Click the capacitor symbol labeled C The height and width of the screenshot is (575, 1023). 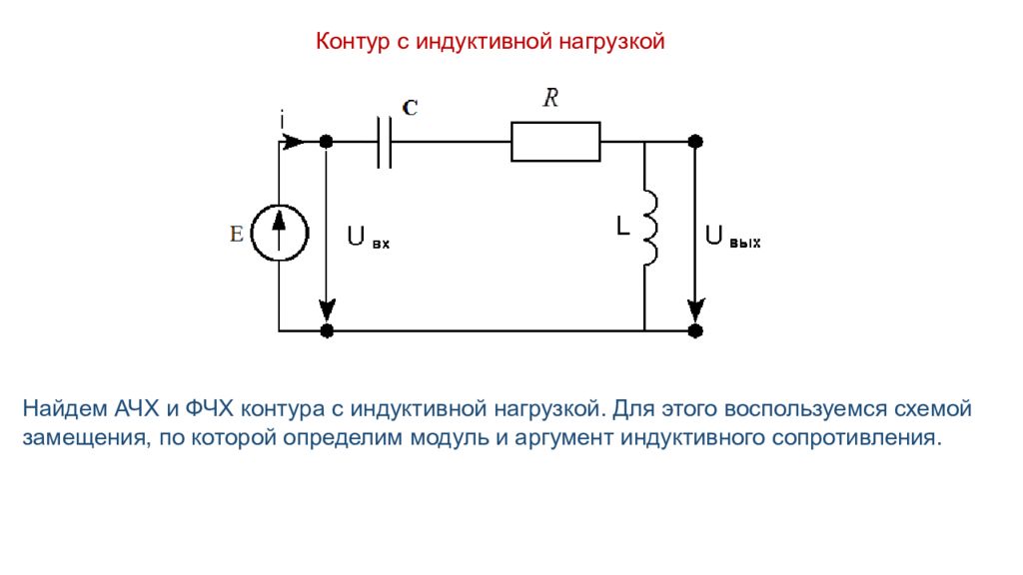pos(384,142)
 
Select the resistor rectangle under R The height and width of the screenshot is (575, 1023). pos(555,142)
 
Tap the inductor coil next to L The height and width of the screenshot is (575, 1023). pos(649,228)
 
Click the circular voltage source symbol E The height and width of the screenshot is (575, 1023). pos(279,234)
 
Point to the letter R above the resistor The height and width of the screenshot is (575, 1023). pos(550,98)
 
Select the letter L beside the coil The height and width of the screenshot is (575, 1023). pos(621,228)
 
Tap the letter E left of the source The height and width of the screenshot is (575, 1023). pos(237,234)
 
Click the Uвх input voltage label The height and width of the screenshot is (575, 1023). pos(368,238)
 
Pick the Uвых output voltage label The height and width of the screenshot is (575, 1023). pos(732,238)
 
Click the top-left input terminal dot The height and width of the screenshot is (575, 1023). pos(326,142)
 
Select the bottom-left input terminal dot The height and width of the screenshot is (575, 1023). pos(326,329)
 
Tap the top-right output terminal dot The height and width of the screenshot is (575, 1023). pos(696,142)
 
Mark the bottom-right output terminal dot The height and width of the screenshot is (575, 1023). pos(696,329)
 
